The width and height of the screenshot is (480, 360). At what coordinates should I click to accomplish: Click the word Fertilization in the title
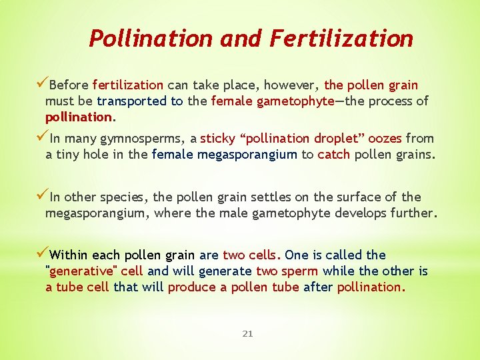pyautogui.click(x=342, y=39)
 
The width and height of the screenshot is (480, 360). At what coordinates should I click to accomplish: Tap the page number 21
pyautogui.click(x=247, y=333)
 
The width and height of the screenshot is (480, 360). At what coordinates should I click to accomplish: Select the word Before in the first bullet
pyautogui.click(x=69, y=85)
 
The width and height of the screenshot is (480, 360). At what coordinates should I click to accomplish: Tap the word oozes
pyautogui.click(x=382, y=139)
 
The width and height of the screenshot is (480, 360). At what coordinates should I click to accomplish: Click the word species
pyautogui.click(x=126, y=197)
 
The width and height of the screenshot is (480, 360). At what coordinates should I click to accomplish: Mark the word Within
pyautogui.click(x=69, y=255)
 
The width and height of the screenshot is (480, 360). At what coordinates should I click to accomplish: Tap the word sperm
pyautogui.click(x=301, y=271)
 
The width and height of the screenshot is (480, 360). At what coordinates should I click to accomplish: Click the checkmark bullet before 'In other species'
pyautogui.click(x=42, y=195)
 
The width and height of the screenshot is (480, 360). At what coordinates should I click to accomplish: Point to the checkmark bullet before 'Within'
pyautogui.click(x=42, y=253)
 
